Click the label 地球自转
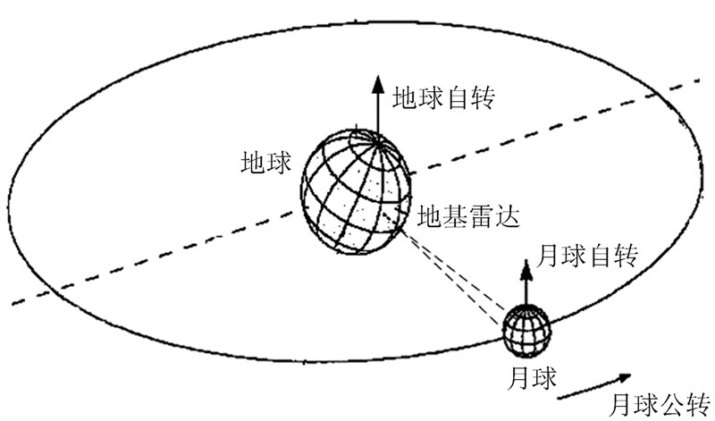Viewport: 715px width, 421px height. [x=444, y=97]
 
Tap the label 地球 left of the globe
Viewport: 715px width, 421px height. [x=266, y=163]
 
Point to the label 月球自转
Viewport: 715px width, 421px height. [x=587, y=257]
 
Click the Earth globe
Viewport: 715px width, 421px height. [x=355, y=193]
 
